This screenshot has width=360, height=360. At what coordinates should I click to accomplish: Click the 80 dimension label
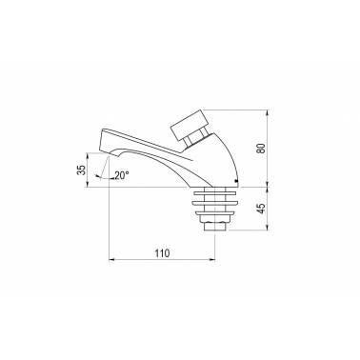[x=261, y=149]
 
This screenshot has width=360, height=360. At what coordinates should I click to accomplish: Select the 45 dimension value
[x=261, y=209]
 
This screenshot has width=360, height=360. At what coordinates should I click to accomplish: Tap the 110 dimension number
[x=162, y=253]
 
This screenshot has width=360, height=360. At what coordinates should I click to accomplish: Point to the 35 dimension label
[x=82, y=170]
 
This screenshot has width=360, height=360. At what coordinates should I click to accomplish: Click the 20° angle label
[x=122, y=175]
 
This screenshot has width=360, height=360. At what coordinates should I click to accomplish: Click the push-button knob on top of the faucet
[x=190, y=126]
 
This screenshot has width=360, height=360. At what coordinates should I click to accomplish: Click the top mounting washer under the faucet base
[x=215, y=191]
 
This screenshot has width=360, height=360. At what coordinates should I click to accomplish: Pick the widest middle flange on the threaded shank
[x=214, y=203]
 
